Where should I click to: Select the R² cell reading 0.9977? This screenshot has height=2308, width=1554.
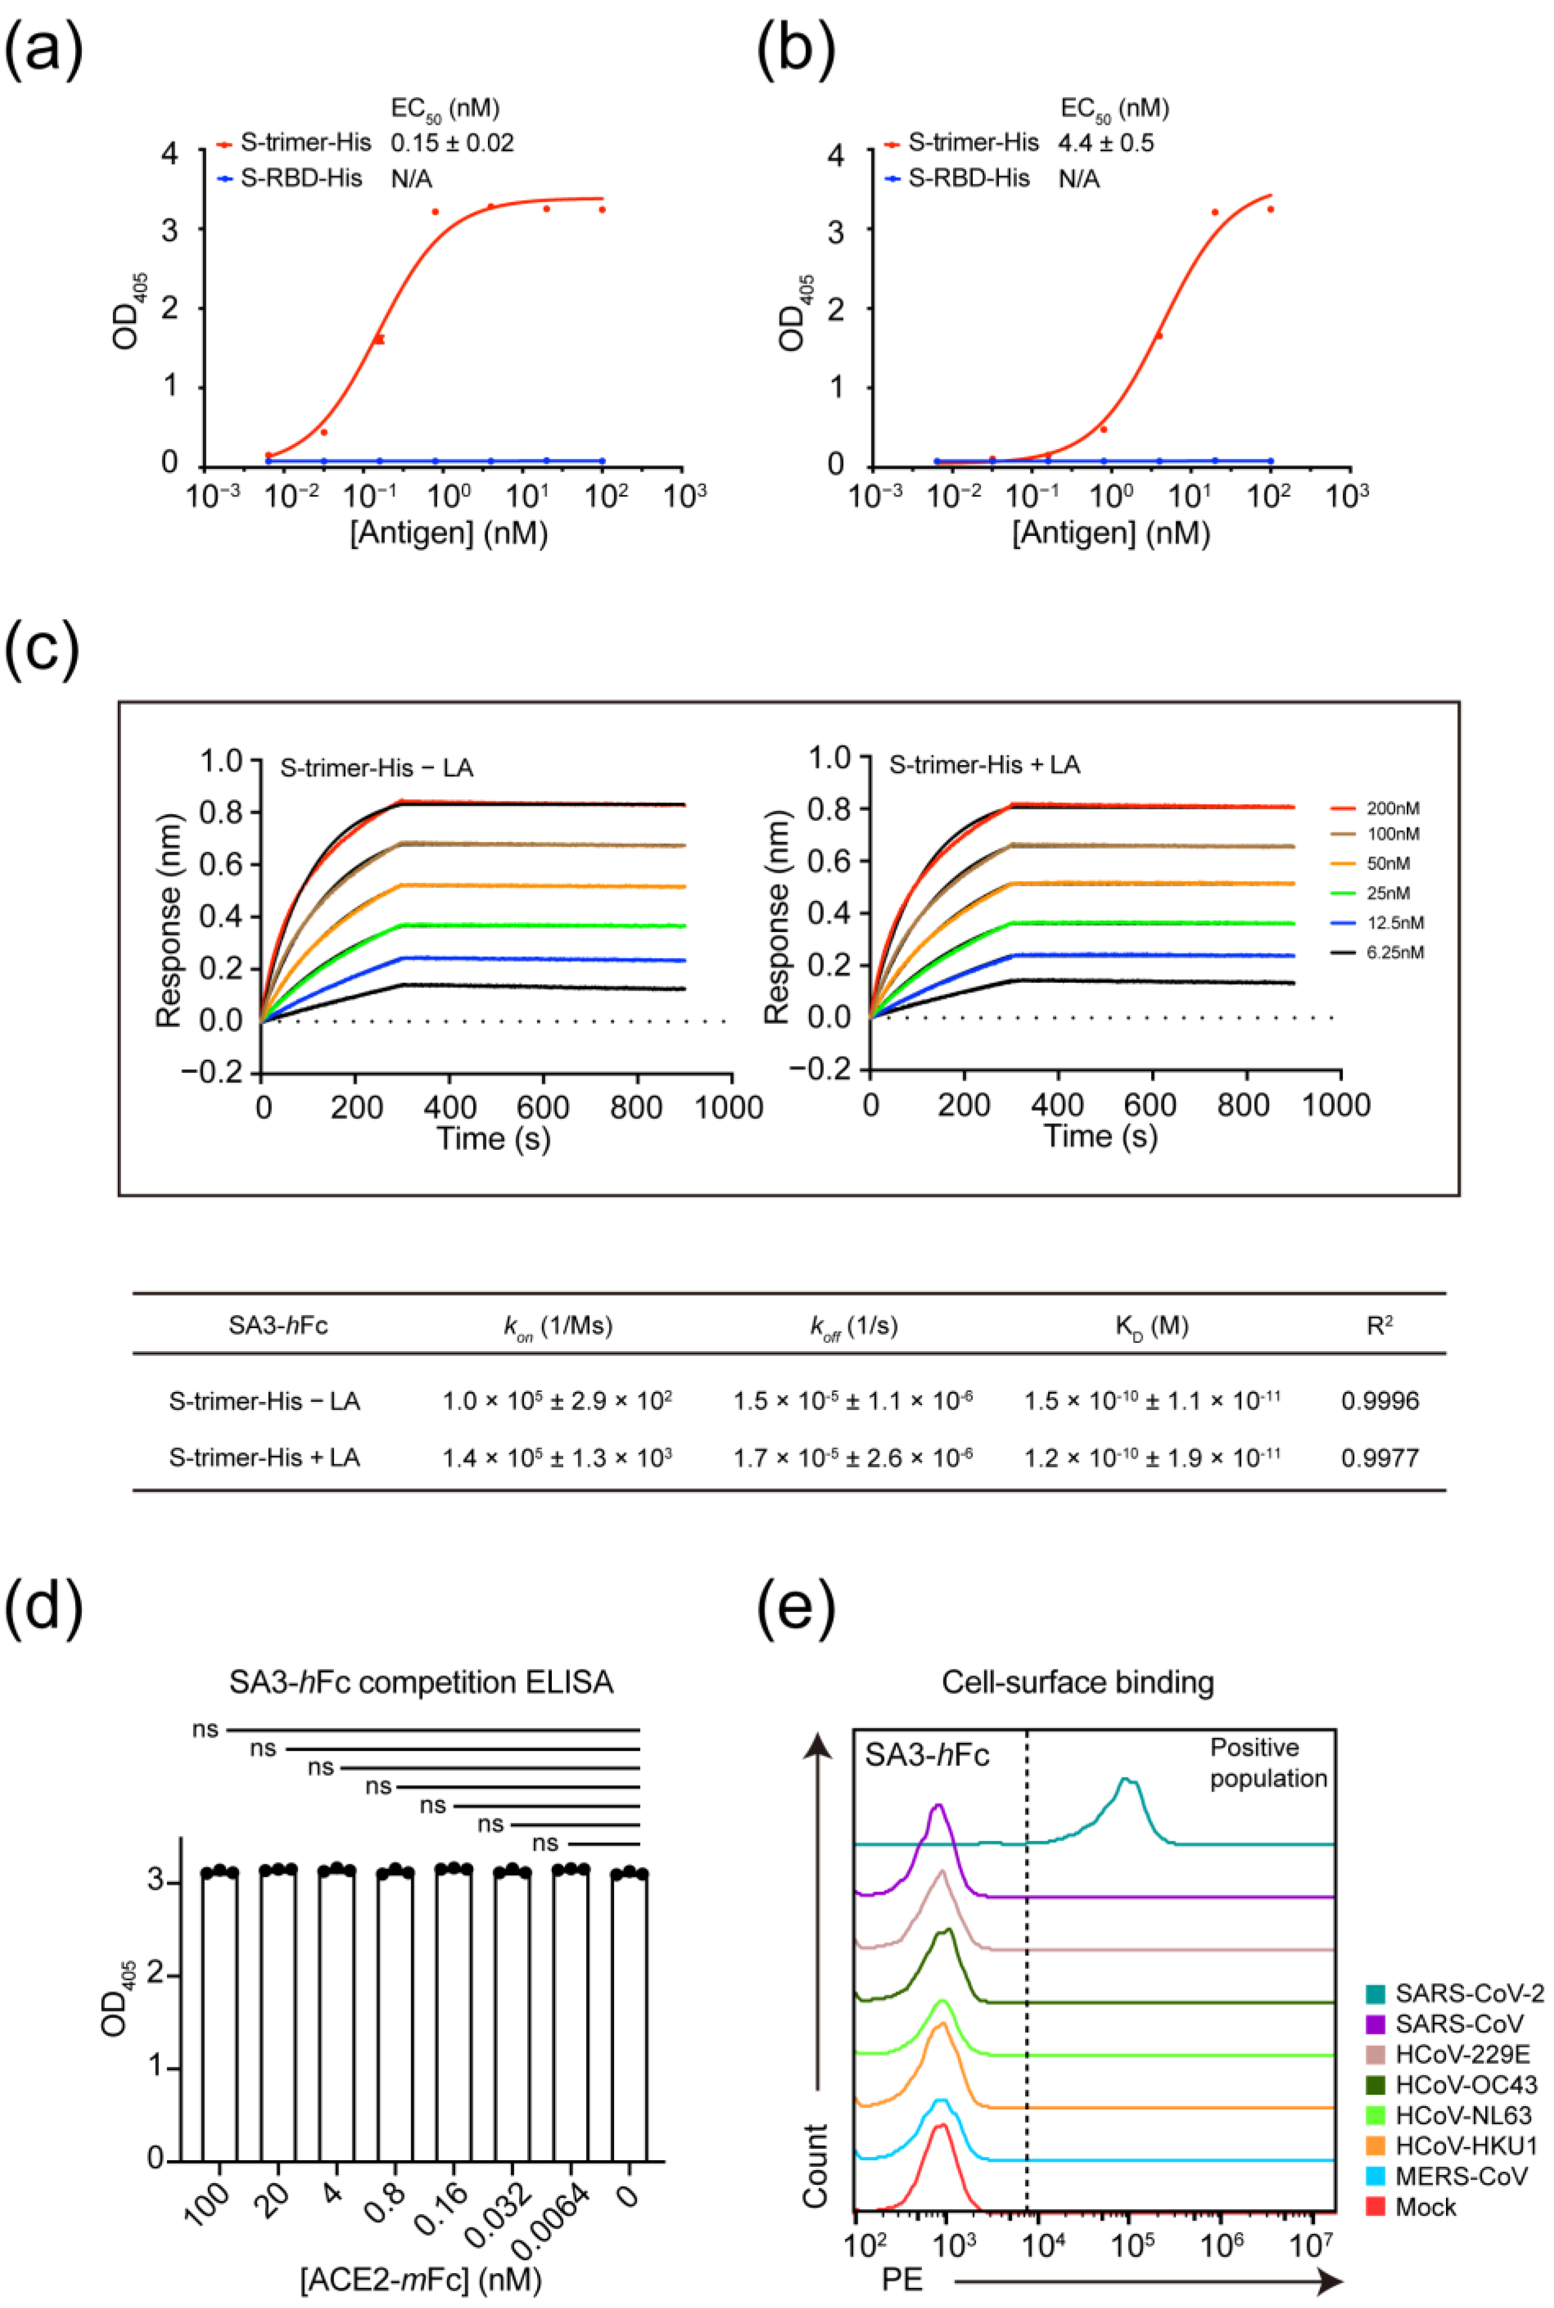click(x=1380, y=1458)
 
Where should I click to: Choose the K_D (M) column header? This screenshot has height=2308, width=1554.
click(x=1152, y=1326)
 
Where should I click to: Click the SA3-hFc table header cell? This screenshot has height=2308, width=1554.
click(x=278, y=1326)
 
